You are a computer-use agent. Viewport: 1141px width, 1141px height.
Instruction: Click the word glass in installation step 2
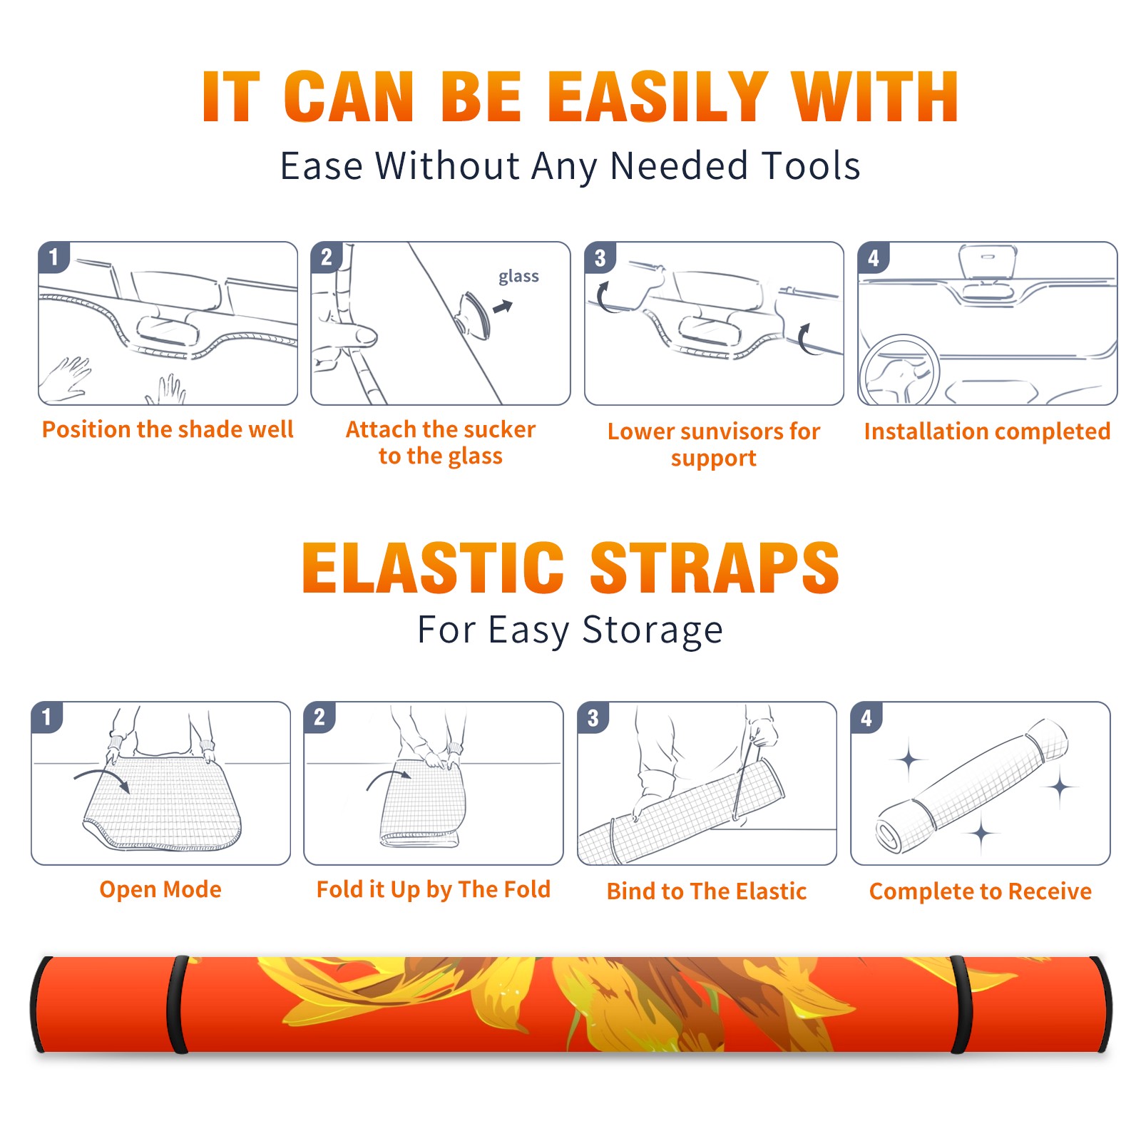coord(518,277)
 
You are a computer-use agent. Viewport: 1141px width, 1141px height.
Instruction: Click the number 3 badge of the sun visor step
coord(600,257)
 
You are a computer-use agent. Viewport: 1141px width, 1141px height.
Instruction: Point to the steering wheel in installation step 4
coord(900,370)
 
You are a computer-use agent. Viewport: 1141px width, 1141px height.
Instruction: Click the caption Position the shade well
coord(168,429)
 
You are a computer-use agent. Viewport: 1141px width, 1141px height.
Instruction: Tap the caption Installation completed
coord(987,431)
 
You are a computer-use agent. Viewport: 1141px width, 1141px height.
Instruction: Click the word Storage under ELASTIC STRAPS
coord(653,630)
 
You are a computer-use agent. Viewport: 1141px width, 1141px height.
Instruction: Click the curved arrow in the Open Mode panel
coord(102,778)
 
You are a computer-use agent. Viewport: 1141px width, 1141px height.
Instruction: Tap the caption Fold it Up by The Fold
coord(434,889)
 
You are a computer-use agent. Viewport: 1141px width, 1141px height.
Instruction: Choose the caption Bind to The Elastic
coord(706,891)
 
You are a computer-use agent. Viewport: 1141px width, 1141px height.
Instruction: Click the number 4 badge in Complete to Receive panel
coord(866,717)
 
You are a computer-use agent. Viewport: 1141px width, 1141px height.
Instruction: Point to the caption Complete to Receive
coord(981,891)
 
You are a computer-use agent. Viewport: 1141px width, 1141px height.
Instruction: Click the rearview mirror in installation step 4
coord(988,262)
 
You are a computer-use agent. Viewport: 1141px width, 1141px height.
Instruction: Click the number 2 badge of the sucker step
coord(327,257)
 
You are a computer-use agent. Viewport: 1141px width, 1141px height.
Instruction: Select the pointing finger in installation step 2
coord(349,335)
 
